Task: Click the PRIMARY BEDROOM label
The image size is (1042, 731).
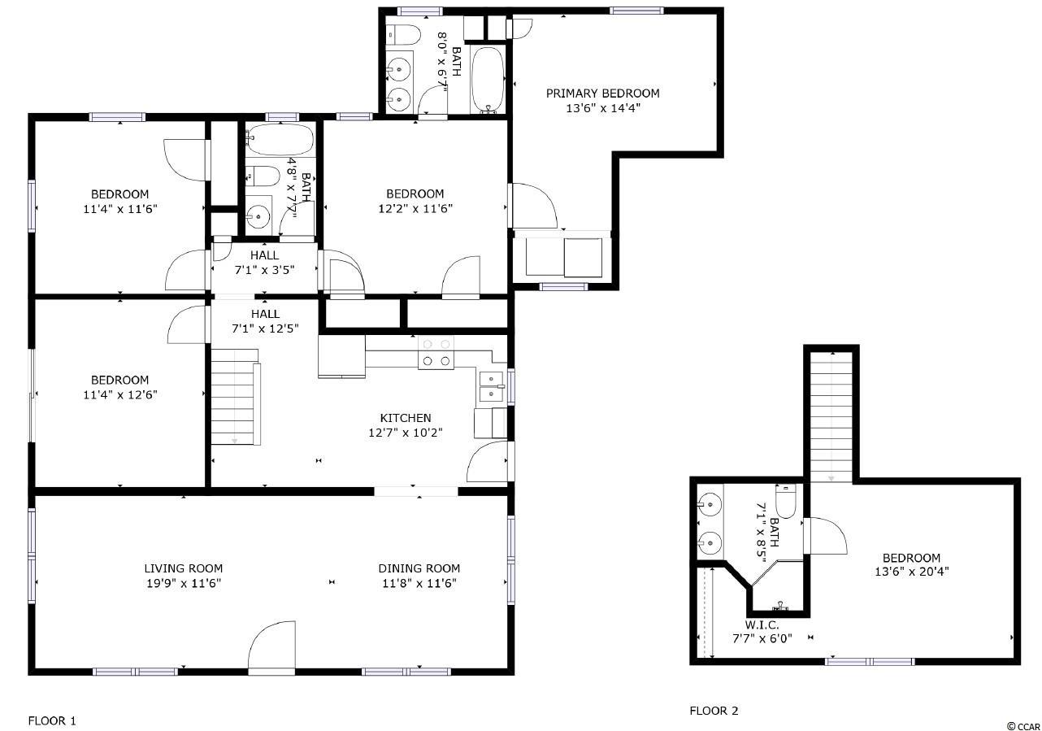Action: click(602, 94)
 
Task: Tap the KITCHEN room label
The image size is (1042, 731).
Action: click(405, 418)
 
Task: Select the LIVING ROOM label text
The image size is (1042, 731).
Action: click(183, 568)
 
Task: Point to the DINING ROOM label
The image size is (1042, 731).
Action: click(419, 568)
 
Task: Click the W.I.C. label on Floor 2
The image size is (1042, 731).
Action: click(762, 625)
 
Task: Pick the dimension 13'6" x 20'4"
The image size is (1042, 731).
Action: click(911, 572)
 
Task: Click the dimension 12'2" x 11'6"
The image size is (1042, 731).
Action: click(415, 208)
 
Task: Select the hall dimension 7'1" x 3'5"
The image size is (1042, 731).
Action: click(264, 270)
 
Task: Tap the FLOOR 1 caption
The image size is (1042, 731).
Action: click(52, 720)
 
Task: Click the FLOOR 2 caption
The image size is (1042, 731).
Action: click(714, 711)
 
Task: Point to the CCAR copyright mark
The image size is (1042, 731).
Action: click(1023, 726)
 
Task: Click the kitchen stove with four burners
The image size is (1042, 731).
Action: click(436, 353)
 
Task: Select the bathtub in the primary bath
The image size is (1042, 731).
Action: click(488, 79)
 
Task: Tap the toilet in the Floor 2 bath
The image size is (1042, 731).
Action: click(786, 501)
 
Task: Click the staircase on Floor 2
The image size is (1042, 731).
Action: click(831, 417)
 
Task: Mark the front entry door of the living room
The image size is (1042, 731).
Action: click(271, 648)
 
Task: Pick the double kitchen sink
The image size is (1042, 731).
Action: click(491, 387)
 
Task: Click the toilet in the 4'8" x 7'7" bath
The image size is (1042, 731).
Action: click(263, 176)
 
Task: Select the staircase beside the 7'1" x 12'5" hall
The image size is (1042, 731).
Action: click(236, 397)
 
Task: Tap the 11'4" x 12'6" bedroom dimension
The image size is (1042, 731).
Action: click(120, 394)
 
